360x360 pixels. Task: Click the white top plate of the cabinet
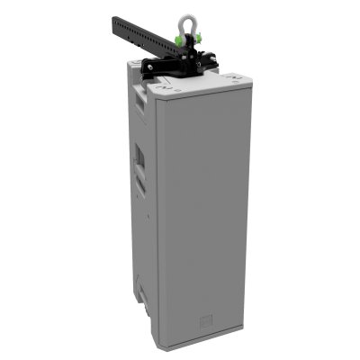click(x=193, y=85)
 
